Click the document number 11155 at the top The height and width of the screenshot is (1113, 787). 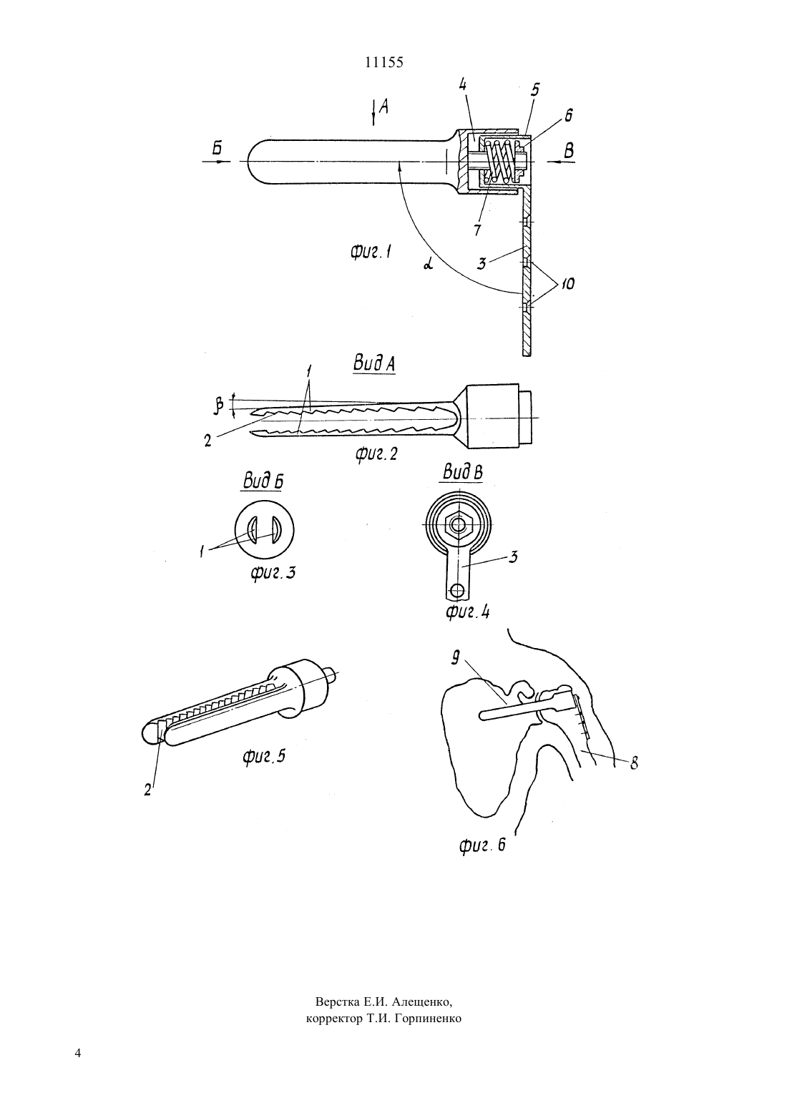pos(384,62)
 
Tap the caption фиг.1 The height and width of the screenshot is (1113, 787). pos(371,253)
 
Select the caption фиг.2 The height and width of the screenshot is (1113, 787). pos(376,453)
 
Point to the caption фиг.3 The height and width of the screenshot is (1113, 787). pos(273,573)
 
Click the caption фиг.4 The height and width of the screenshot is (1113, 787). pos(467,611)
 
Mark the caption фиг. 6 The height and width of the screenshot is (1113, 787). pos(482,845)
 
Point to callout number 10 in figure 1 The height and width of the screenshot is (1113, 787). pos(567,284)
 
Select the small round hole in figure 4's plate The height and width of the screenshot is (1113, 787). pos(456,590)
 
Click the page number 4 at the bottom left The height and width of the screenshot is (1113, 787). pos(77,1067)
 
